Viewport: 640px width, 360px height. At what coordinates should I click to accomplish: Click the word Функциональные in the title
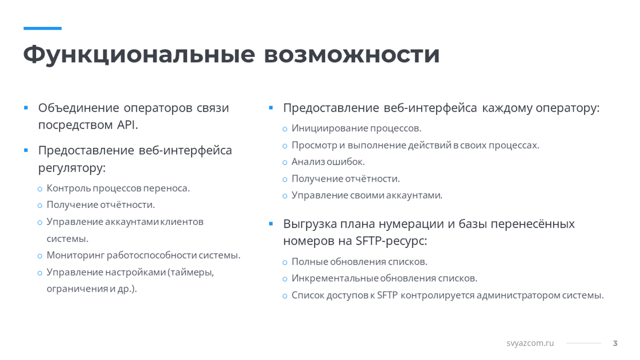[139, 55]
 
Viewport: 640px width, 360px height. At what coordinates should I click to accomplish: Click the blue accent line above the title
[43, 28]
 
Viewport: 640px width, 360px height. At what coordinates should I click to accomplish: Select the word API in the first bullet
[127, 125]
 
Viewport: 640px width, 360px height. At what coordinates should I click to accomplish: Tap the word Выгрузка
[310, 224]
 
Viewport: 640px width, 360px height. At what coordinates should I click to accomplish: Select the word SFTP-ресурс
[391, 241]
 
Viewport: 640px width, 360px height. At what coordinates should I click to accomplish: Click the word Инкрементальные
[335, 278]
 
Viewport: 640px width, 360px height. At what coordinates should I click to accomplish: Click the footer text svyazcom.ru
[530, 343]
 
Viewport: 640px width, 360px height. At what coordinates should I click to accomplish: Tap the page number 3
[615, 343]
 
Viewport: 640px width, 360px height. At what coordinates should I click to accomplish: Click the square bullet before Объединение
[26, 108]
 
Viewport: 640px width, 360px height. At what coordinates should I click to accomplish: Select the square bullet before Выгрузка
[271, 224]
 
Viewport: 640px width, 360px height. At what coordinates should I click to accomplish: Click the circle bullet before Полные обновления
[285, 263]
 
